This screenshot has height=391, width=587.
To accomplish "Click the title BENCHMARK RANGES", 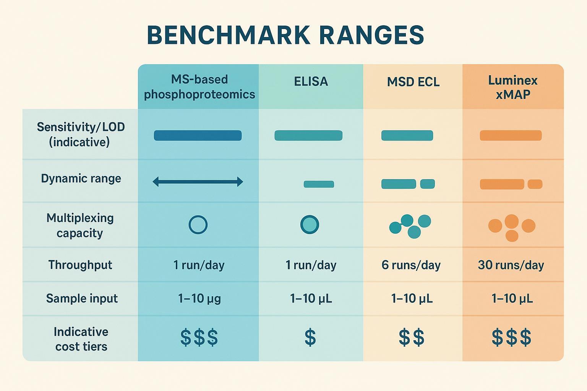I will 285,36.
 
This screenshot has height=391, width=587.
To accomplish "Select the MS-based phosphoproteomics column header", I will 199,87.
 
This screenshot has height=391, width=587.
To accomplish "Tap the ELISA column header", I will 311,82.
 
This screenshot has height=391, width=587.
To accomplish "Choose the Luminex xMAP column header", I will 512,87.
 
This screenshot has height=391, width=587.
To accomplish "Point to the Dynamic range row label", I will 81,179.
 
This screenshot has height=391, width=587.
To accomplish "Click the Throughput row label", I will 80,265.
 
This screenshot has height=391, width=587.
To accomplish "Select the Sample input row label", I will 82,298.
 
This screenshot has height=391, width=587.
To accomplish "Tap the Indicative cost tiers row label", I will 81,339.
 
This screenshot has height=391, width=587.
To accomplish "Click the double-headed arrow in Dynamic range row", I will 198,182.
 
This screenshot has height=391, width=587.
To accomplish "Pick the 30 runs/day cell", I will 511,265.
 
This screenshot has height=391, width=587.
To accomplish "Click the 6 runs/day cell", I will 411,265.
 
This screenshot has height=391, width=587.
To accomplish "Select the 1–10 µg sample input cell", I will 199,298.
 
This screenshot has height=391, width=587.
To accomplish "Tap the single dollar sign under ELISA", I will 310,338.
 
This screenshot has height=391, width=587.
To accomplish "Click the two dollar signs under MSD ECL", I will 411,338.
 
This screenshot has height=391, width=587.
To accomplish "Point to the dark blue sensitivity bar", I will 198,136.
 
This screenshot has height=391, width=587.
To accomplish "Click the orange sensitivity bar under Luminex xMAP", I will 511,136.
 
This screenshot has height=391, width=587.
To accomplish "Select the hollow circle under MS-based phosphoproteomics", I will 198,225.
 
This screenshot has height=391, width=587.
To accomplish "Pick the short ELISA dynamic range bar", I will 319,184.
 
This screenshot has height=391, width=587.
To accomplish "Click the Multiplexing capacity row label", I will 80,225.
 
